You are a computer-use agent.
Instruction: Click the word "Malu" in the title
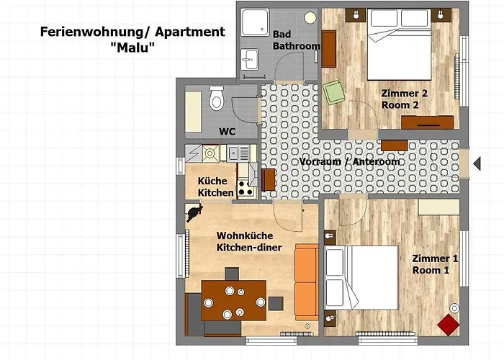pyautogui.click(x=132, y=48)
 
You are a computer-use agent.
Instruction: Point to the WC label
pyautogui.click(x=228, y=132)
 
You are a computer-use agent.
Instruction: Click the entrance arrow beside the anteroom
pyautogui.click(x=477, y=163)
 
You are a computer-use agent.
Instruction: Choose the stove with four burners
pyautogui.click(x=246, y=189)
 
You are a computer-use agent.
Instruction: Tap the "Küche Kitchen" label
pyautogui.click(x=216, y=186)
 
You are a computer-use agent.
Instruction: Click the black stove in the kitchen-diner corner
pyautogui.click(x=194, y=212)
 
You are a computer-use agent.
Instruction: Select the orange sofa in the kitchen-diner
pyautogui.click(x=306, y=282)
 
